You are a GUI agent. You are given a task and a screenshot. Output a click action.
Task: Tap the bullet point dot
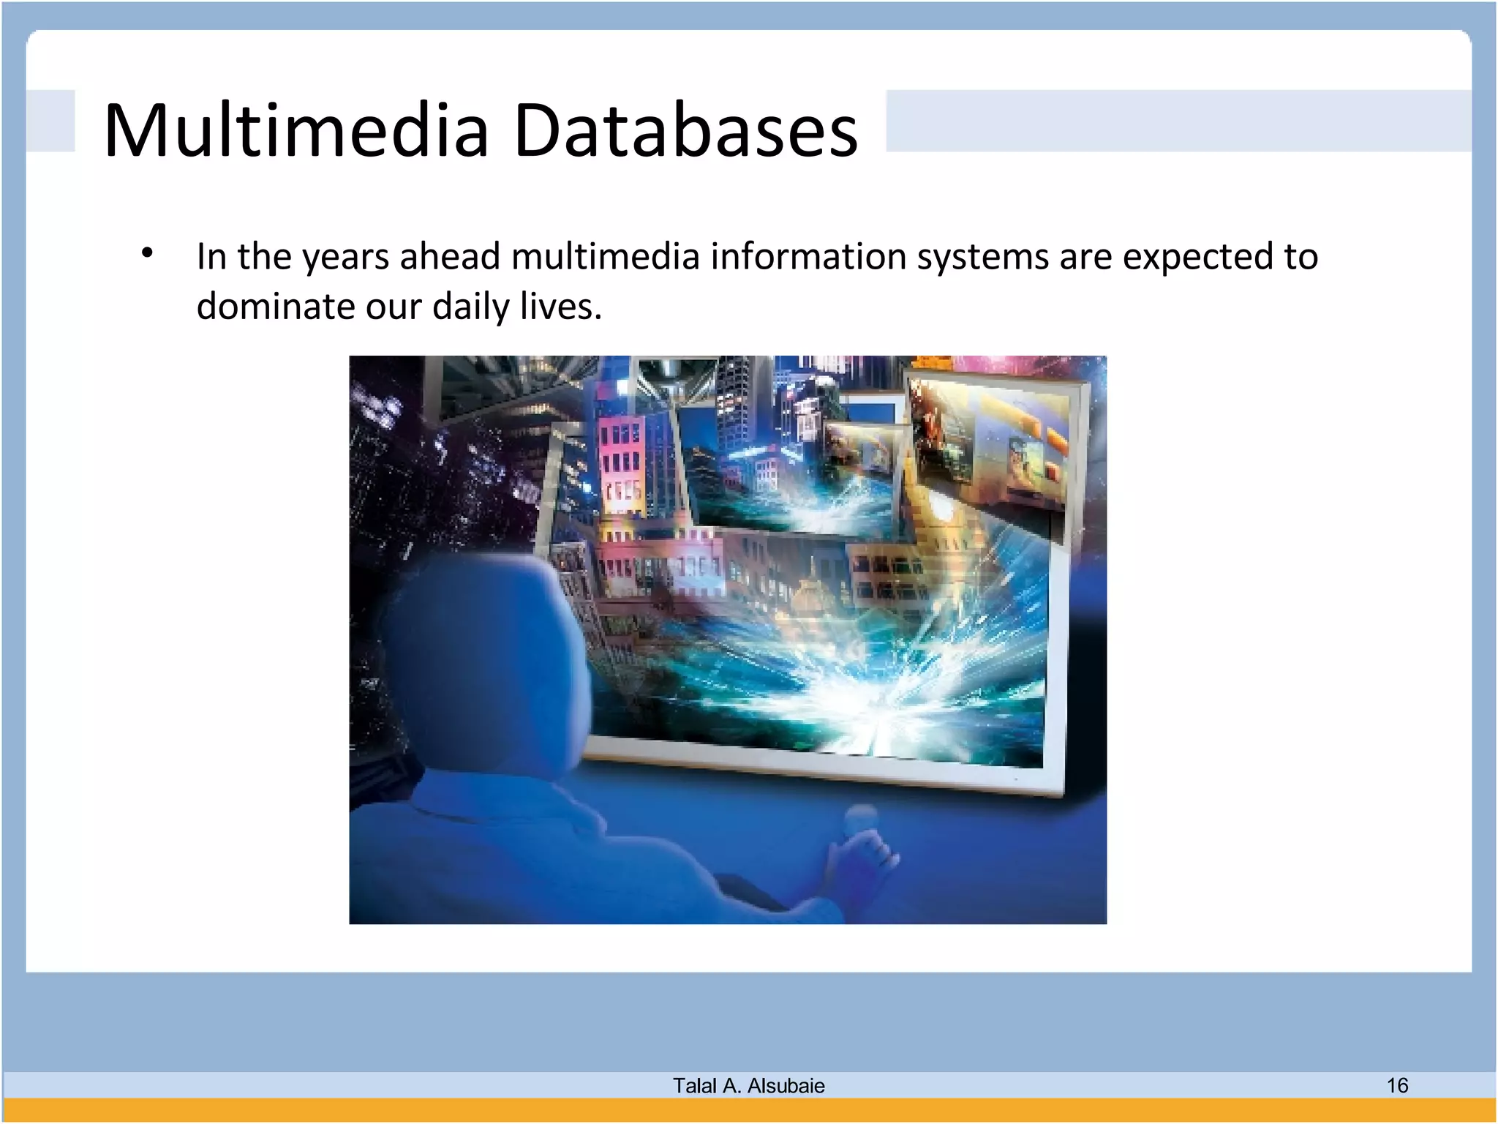pos(148,254)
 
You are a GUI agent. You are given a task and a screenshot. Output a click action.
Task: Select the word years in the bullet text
pos(345,258)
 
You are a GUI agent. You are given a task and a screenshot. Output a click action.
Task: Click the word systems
pos(983,258)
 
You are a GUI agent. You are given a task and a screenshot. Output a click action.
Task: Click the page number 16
pos(1397,1085)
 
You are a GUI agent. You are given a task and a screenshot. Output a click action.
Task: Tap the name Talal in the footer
pos(694,1086)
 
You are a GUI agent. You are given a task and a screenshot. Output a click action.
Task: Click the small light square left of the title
pos(50,121)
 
